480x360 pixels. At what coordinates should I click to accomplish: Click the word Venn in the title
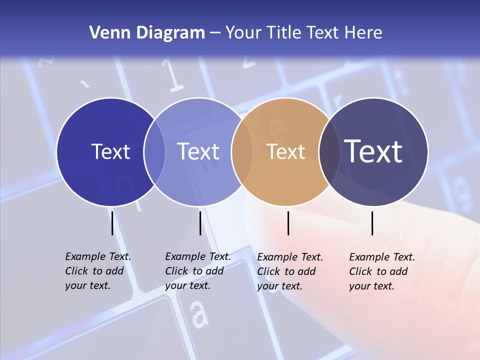(x=103, y=33)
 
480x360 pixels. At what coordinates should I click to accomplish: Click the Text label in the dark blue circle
(x=110, y=151)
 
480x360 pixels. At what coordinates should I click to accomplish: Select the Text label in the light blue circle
(x=198, y=151)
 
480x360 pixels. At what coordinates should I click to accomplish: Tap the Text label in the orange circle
(x=286, y=152)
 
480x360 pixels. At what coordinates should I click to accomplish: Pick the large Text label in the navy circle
(x=373, y=151)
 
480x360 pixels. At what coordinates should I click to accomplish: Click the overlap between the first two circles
(x=154, y=152)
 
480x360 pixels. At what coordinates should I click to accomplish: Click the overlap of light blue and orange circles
(x=242, y=152)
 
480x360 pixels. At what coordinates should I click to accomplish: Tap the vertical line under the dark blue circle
(x=112, y=223)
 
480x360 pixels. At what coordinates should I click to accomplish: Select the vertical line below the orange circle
(x=288, y=223)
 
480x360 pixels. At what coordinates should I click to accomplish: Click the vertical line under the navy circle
(x=372, y=223)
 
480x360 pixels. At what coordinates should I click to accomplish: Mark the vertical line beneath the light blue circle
(x=200, y=223)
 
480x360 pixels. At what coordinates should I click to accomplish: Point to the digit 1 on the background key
(x=173, y=77)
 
